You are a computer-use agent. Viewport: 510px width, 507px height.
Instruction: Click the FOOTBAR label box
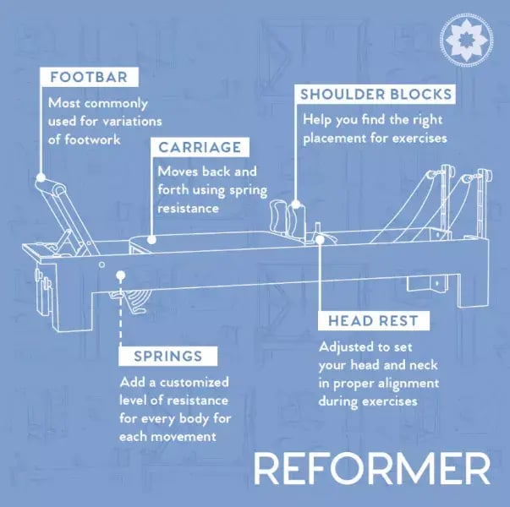click(88, 78)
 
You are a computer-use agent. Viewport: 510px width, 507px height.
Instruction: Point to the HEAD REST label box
click(372, 321)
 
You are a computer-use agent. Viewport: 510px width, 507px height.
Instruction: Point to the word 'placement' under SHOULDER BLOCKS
click(331, 138)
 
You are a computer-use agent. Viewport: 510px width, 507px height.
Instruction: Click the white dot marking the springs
click(123, 275)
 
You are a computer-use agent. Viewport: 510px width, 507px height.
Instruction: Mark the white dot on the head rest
click(321, 240)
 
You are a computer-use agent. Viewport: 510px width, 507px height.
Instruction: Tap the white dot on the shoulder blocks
click(297, 204)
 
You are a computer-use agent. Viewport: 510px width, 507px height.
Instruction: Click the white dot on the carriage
click(152, 240)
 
